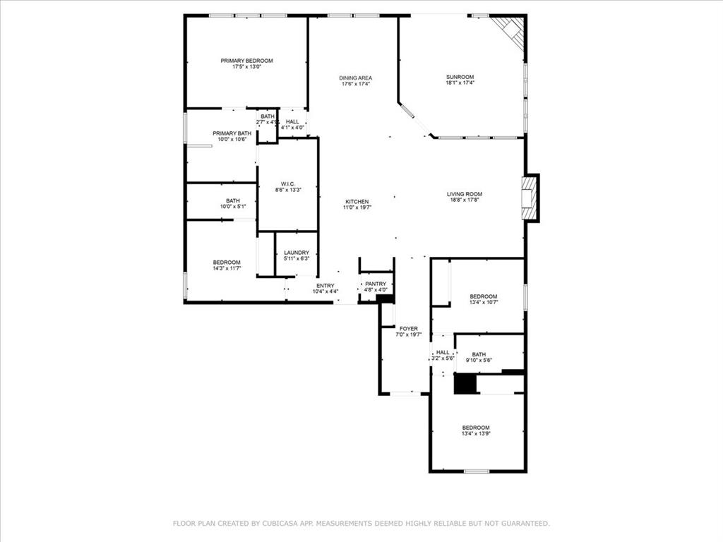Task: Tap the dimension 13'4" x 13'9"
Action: [x=476, y=434]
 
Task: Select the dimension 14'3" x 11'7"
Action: [x=227, y=268]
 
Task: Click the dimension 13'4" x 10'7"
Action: [x=484, y=302]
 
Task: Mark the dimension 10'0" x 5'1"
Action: [x=233, y=207]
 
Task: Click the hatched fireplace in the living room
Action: [x=530, y=198]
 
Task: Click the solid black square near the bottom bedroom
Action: [x=465, y=384]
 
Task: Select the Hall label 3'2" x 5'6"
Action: [x=443, y=356]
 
